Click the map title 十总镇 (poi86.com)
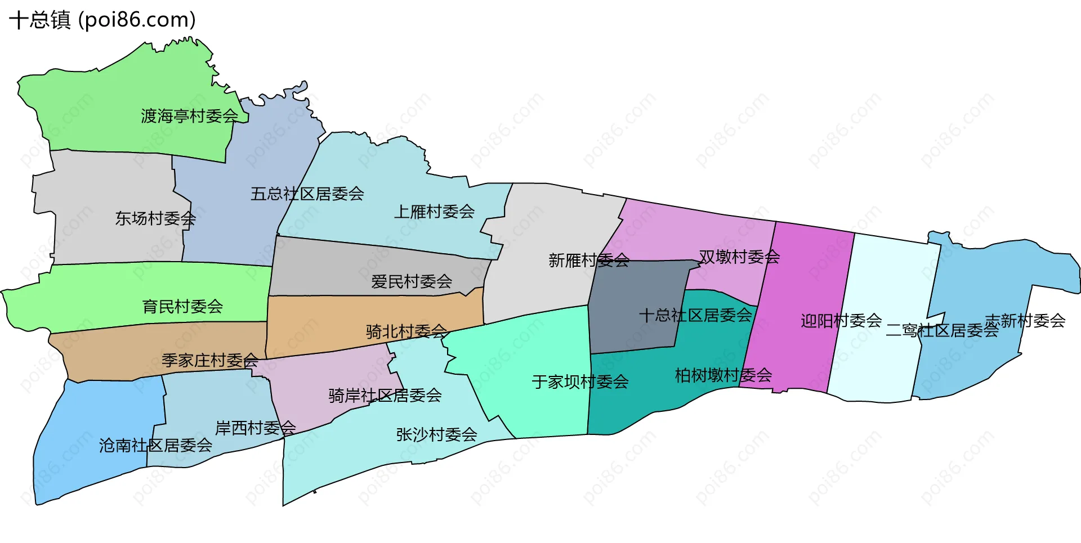(x=102, y=20)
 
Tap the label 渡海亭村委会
(x=190, y=116)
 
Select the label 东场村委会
(x=155, y=218)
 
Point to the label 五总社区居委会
(x=307, y=194)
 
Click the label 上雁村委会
(x=434, y=212)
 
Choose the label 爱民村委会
(x=412, y=281)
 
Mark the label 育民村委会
(x=182, y=307)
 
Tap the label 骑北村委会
(x=407, y=331)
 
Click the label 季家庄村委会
(x=210, y=360)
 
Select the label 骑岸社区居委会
(x=385, y=396)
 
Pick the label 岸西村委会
(x=256, y=428)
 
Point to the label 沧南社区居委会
(x=156, y=446)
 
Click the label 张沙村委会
(x=437, y=434)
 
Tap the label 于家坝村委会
(x=580, y=382)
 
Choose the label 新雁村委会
(x=589, y=261)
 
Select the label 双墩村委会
(x=739, y=257)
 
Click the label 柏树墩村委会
(x=723, y=375)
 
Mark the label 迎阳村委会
(x=841, y=321)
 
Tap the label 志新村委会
(x=1025, y=321)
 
